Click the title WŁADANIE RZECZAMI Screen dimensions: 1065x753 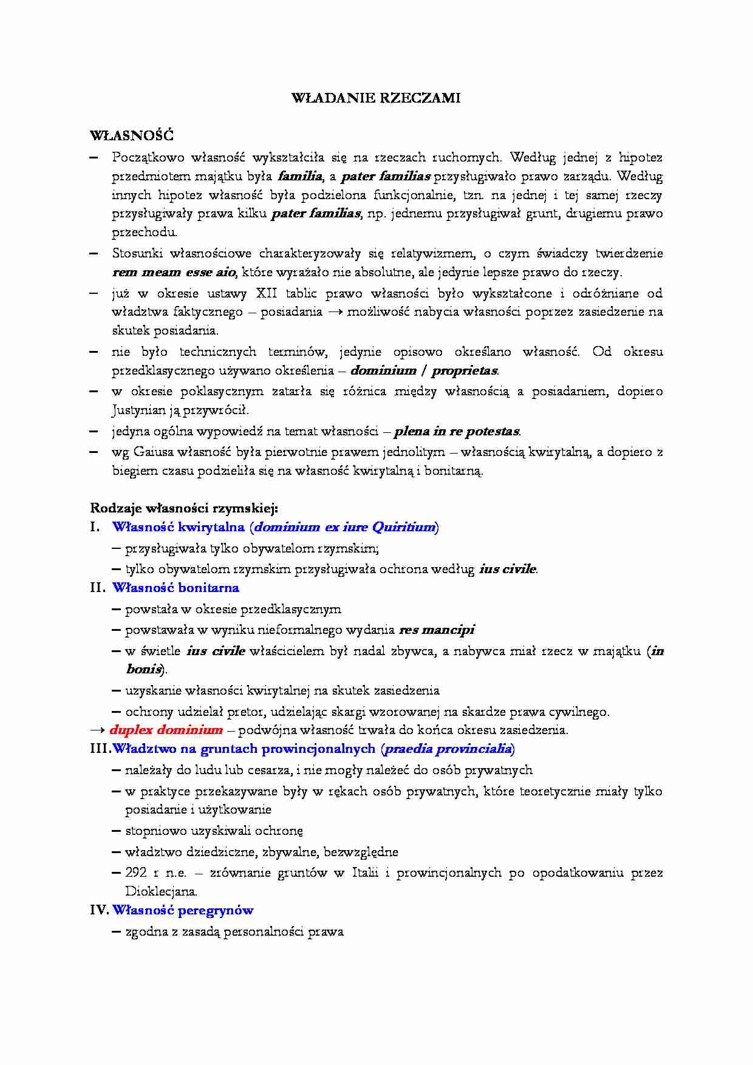pos(376,98)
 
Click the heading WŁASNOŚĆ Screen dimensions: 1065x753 pos(132,135)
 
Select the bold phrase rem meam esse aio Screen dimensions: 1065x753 pos(174,272)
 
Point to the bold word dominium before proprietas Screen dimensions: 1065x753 pos(383,370)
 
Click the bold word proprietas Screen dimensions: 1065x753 pos(465,370)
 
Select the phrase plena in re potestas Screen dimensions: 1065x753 pos(457,432)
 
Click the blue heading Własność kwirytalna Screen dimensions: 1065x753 pos(178,527)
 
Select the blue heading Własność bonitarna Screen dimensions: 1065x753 pos(175,588)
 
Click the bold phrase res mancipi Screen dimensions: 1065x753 pos(437,630)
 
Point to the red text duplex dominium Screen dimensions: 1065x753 pos(166,730)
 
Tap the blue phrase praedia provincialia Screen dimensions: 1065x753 pos(448,749)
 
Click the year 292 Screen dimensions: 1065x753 pos(136,873)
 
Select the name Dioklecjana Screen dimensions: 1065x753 pos(161,891)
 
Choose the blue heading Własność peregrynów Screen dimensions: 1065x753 pos(183,910)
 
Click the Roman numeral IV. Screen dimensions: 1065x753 pos(99,910)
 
